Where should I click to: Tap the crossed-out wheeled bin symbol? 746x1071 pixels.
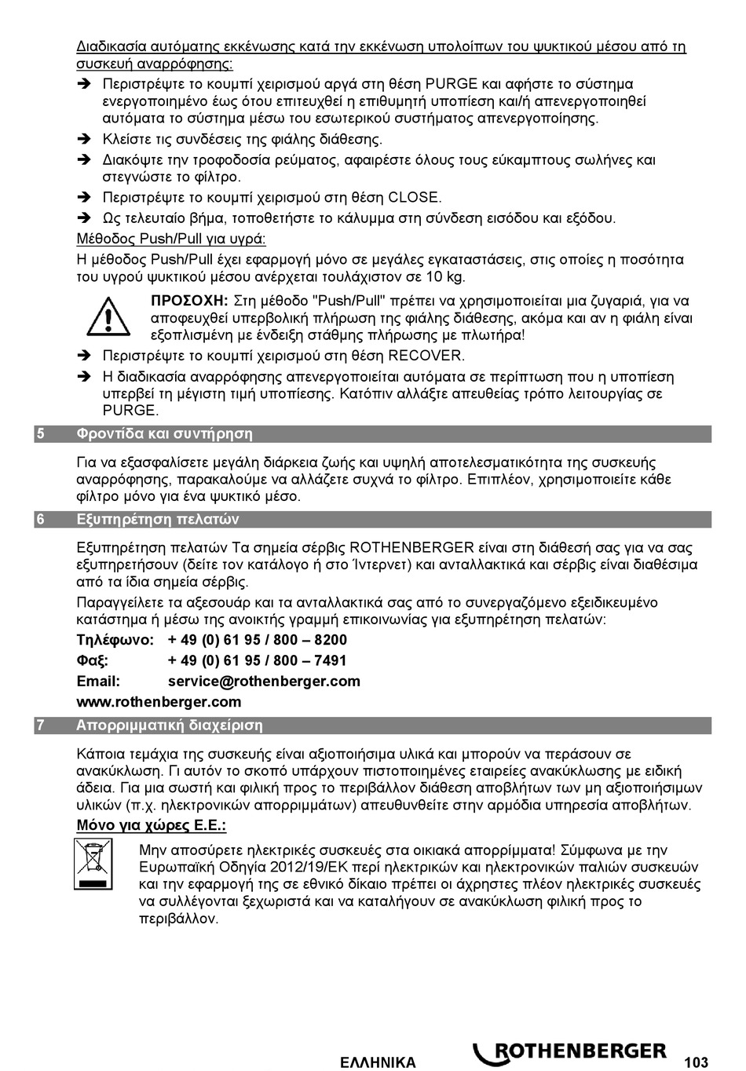click(91, 864)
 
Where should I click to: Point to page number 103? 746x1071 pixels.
click(696, 1062)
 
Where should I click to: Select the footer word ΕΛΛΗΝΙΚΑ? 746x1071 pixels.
click(378, 1062)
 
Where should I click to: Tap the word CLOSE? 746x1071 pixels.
click(415, 197)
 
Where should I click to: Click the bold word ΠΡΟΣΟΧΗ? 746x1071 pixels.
click(188, 301)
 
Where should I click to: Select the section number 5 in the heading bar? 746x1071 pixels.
click(40, 433)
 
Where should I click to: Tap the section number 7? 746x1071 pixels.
click(40, 725)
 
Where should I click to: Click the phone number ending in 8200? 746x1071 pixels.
click(258, 640)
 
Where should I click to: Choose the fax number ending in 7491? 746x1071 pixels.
click(258, 660)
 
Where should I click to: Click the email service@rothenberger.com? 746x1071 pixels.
click(264, 681)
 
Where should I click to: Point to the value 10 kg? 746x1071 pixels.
click(445, 276)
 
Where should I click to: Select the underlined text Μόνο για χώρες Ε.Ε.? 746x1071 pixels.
click(152, 825)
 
